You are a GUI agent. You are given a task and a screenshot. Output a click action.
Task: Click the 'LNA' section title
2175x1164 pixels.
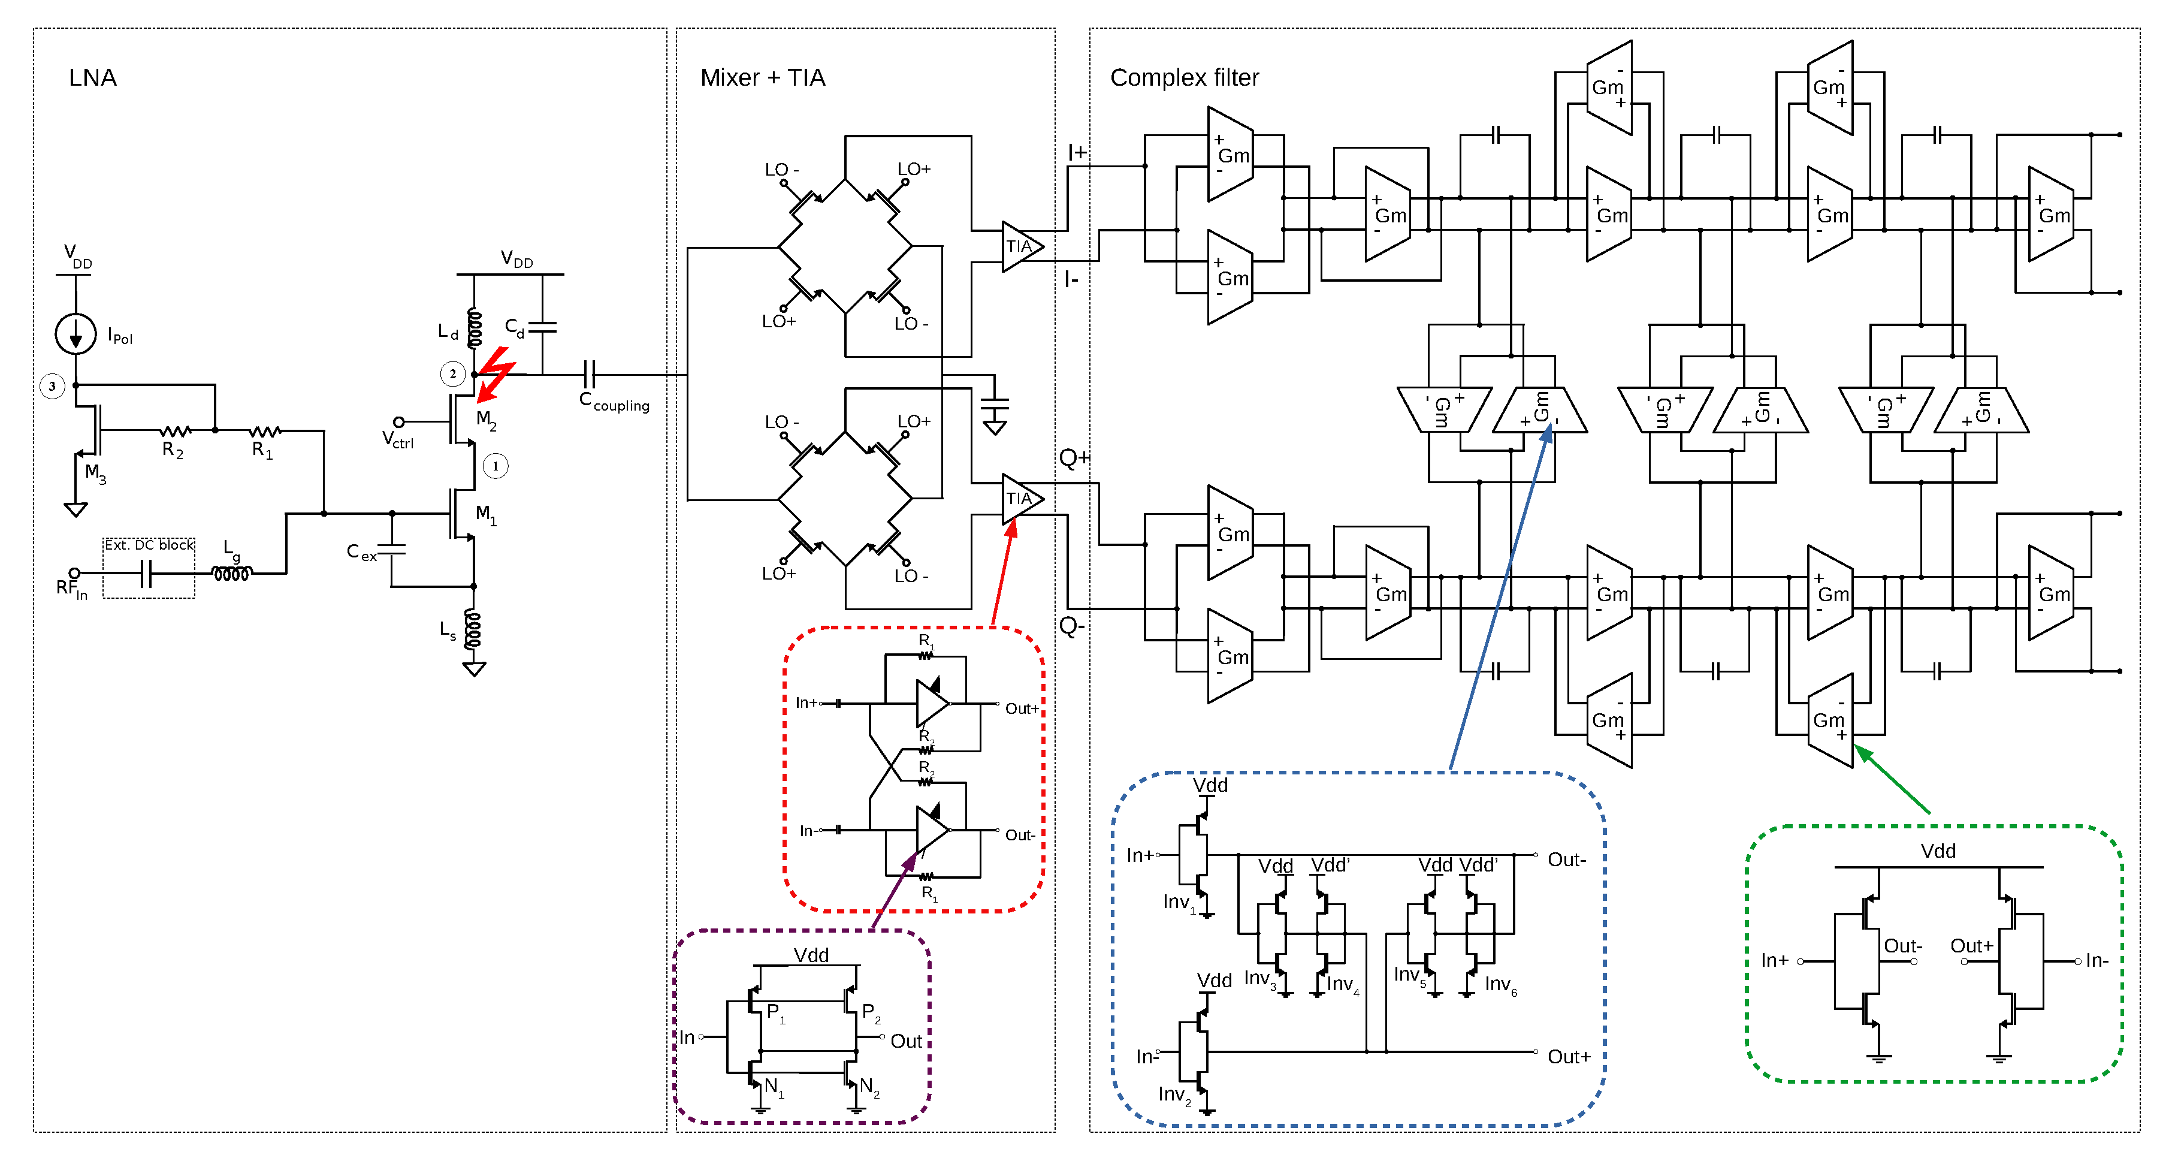pos(92,78)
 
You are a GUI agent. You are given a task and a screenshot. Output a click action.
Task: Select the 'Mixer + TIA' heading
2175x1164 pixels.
pos(762,78)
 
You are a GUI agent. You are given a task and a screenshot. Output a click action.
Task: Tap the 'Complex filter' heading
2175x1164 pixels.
pos(1184,78)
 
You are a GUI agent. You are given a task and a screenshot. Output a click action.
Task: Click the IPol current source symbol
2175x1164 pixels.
pos(76,334)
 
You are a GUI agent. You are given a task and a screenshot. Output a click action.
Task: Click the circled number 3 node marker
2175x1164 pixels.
pos(52,386)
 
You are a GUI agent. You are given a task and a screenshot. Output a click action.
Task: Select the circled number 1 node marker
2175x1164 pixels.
pos(496,466)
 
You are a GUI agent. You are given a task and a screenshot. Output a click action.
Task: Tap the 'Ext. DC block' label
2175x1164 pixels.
pos(149,545)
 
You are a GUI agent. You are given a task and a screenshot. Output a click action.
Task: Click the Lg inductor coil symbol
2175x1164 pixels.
pos(231,574)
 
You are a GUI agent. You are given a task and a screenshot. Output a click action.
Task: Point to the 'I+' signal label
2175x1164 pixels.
pos(1077,153)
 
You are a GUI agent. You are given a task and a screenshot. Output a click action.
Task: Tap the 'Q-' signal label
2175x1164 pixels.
pos(1071,626)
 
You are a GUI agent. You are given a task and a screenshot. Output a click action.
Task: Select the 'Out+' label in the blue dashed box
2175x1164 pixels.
pos(1569,1057)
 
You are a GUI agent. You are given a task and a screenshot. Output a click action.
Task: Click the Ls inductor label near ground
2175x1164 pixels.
pos(448,630)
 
